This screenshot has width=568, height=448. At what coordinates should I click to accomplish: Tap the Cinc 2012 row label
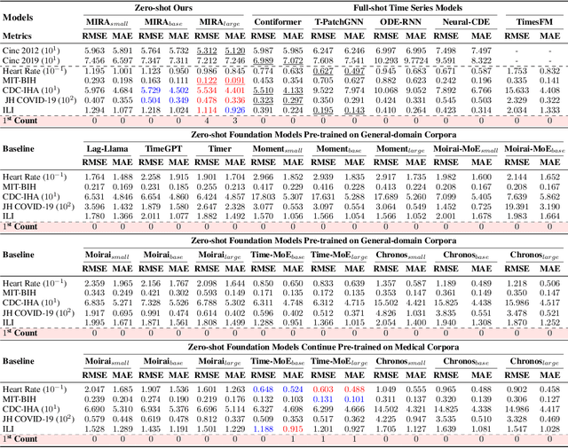point(35,51)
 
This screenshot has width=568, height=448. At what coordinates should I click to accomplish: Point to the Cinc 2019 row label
point(35,59)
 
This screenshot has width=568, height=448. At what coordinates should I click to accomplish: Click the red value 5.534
point(207,90)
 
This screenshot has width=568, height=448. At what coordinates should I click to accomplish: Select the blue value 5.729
point(150,90)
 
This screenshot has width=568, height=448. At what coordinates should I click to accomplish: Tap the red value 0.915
point(293,428)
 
